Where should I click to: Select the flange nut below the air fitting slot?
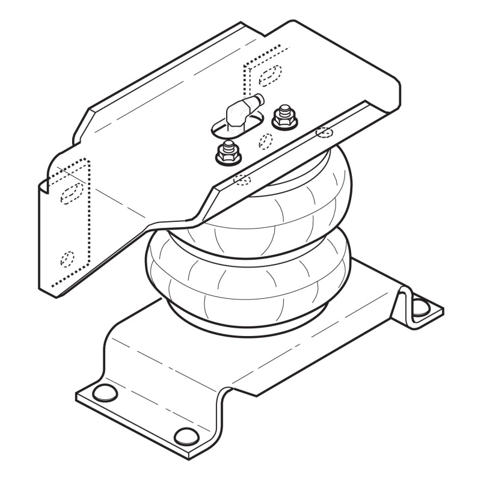(x=227, y=154)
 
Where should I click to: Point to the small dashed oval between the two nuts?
(x=265, y=140)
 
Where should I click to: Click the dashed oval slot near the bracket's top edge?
(x=269, y=73)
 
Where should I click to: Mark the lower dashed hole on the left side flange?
(x=67, y=259)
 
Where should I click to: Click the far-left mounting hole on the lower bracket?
(x=106, y=394)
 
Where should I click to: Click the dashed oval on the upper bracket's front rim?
(x=242, y=178)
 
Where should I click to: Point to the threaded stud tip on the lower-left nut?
(x=228, y=147)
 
